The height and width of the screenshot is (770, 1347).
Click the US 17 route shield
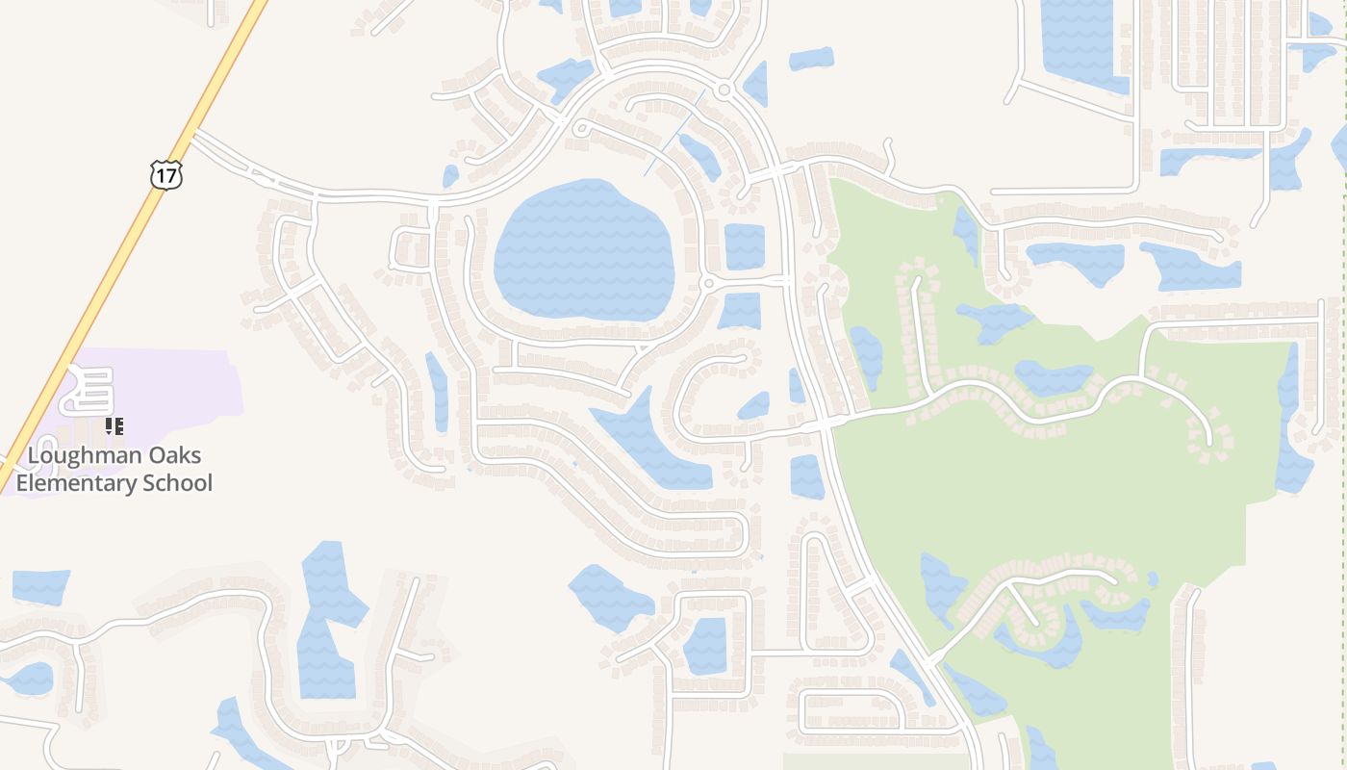pos(165,174)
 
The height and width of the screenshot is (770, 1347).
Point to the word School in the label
pos(178,483)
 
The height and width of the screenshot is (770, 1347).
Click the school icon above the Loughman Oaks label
pos(114,426)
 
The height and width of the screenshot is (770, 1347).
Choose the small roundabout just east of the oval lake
pos(708,283)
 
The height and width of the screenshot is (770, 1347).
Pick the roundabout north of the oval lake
pos(724,90)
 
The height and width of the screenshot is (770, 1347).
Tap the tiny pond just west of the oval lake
pos(450,176)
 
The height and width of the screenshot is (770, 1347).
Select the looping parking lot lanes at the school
pos(89,390)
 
